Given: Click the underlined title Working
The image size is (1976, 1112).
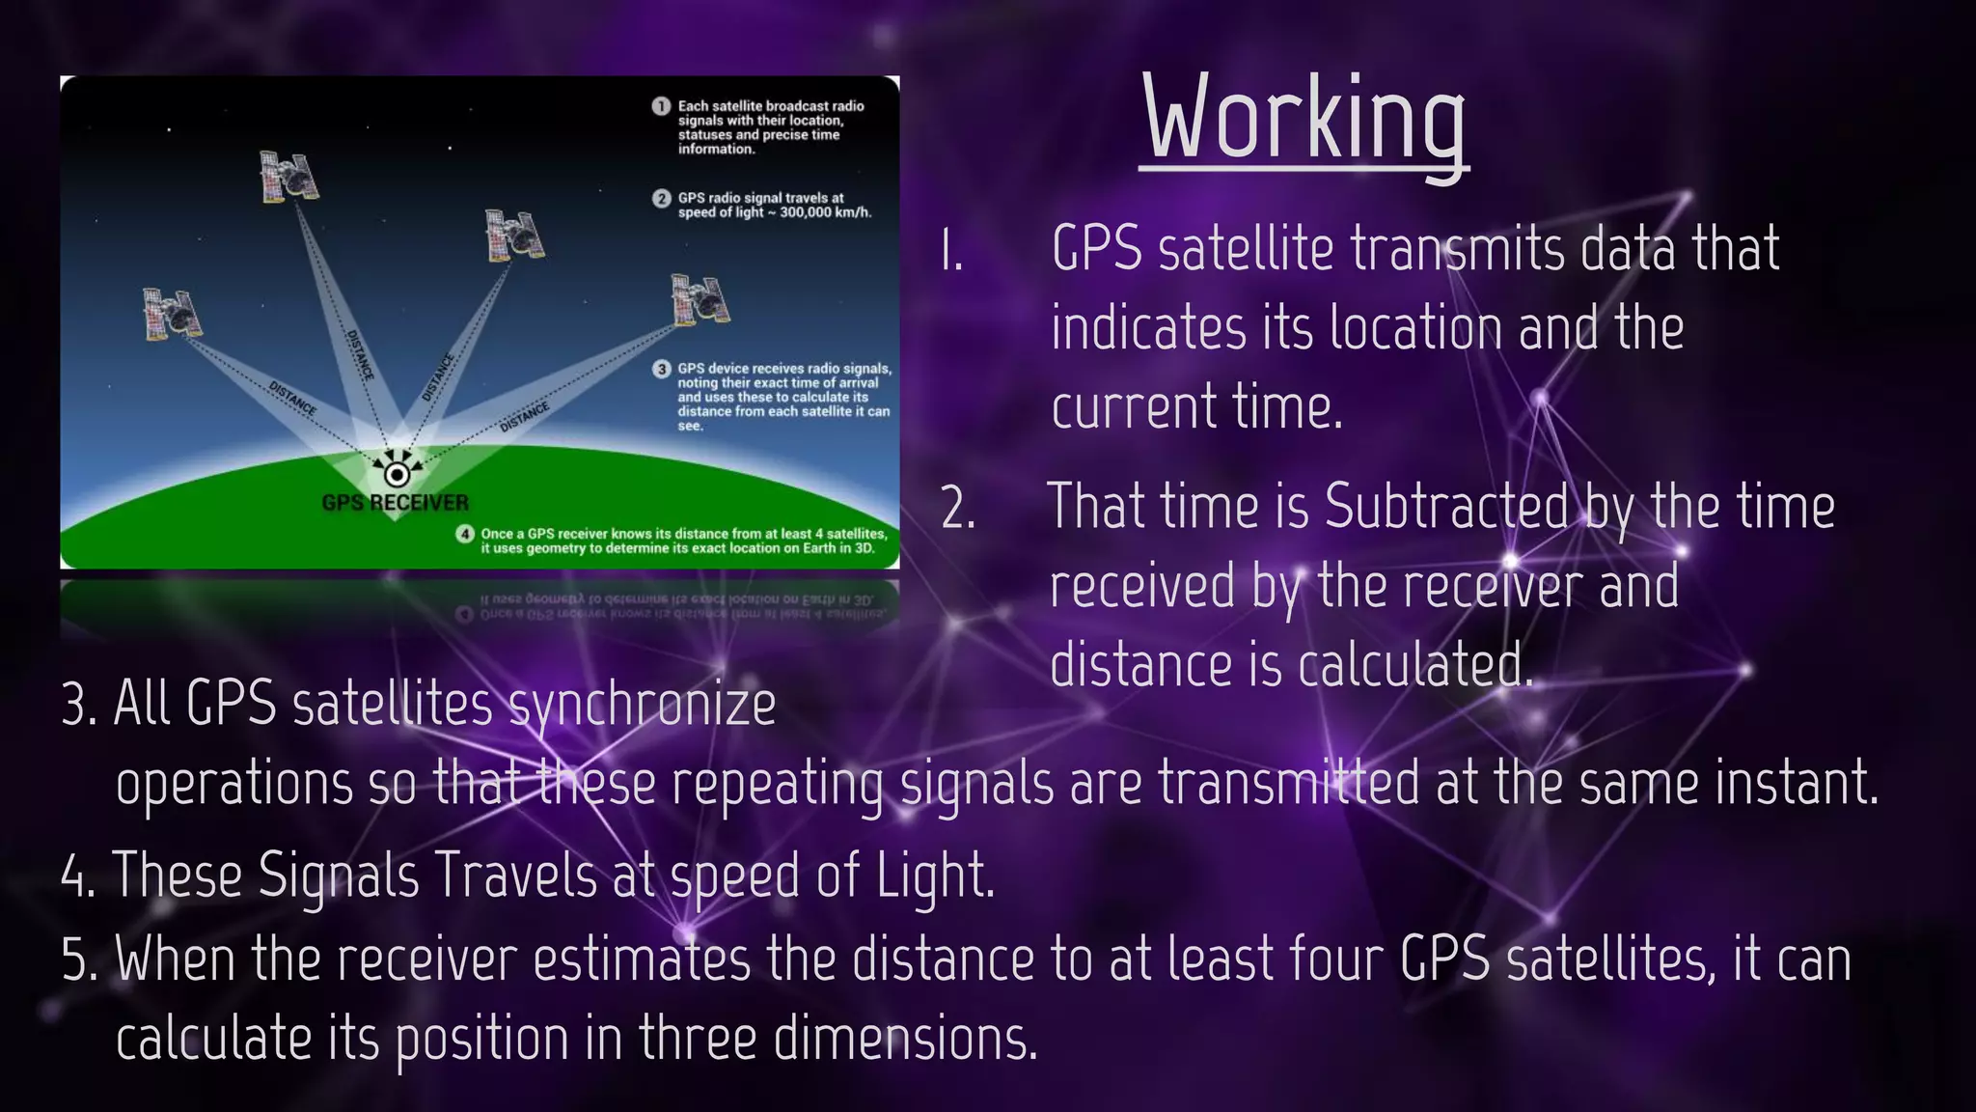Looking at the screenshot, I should coord(1304,121).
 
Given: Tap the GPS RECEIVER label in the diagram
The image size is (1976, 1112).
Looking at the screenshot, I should coord(395,503).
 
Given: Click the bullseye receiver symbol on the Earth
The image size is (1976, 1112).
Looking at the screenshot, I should coord(396,474).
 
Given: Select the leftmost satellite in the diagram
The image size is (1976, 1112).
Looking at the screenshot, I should coord(172,314).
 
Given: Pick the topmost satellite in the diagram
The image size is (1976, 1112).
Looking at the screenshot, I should coord(288,177).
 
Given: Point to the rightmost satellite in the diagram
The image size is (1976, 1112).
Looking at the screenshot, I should coord(700,298).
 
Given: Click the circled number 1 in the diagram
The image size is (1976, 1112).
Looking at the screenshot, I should coord(661,106).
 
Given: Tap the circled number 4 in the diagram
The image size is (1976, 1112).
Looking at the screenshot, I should coord(465,534).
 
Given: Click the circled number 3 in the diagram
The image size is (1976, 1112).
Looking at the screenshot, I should coord(662,369).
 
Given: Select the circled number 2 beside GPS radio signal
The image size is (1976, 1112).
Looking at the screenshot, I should coord(661,199).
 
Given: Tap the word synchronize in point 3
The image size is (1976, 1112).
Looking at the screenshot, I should coord(642,705).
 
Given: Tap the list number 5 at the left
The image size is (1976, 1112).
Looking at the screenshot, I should coord(77,960).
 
